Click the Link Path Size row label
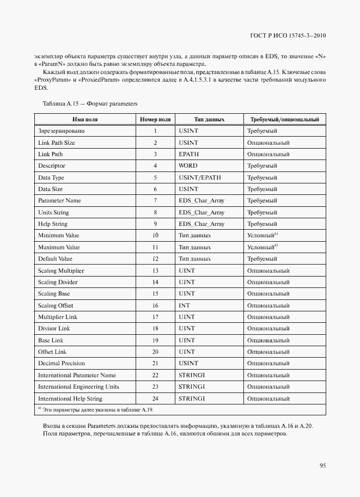click(x=57, y=143)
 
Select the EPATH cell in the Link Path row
click(x=188, y=154)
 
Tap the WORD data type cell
click(x=188, y=165)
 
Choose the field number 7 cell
click(x=155, y=200)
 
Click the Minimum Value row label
click(x=58, y=235)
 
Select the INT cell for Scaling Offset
click(x=184, y=305)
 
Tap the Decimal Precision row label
click(x=61, y=363)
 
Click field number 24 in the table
click(x=155, y=398)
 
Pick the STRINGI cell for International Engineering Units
click(x=191, y=386)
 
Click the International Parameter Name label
click(x=77, y=375)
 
